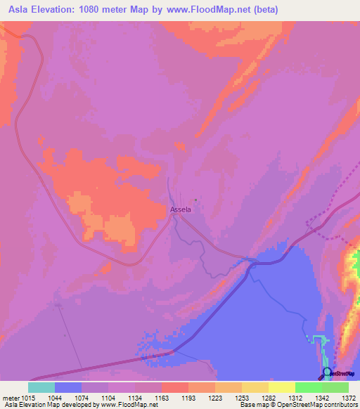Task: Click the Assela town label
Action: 181,209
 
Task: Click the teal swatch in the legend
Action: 41,387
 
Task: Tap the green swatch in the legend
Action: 309,387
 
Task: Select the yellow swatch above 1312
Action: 282,387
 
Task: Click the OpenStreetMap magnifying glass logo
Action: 326,372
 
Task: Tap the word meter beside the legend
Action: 9,398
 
